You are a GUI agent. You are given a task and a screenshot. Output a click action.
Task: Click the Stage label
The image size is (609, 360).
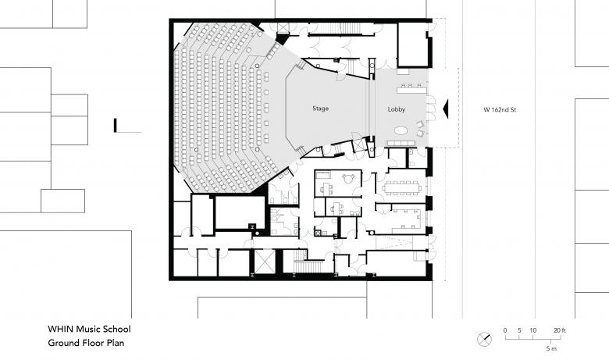(x=320, y=109)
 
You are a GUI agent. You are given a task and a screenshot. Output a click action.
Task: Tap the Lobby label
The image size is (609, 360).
(x=396, y=109)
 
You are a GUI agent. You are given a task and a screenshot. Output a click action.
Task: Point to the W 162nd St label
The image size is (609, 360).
(x=500, y=110)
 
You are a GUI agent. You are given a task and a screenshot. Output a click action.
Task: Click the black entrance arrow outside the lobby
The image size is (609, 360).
(x=446, y=109)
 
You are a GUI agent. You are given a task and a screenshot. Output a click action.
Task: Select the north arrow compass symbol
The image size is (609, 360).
(x=484, y=340)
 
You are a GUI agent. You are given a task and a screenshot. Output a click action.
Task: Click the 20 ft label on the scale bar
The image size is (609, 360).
(x=560, y=330)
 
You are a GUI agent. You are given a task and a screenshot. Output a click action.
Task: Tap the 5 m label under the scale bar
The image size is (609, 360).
(x=551, y=348)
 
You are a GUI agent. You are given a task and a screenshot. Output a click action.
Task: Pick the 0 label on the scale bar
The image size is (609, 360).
(x=505, y=330)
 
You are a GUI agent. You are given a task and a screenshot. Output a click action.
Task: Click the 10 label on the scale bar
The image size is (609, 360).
(x=532, y=330)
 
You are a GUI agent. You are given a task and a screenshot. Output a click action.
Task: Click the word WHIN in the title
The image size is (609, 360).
(x=60, y=329)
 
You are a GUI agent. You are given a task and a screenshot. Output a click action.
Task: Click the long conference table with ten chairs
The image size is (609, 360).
(x=402, y=187)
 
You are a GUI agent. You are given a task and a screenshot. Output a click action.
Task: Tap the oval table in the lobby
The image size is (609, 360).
(x=401, y=130)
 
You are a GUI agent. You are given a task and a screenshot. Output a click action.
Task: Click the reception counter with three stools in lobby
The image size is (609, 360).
(x=411, y=89)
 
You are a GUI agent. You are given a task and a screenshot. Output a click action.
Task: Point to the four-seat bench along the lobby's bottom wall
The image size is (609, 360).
(x=401, y=144)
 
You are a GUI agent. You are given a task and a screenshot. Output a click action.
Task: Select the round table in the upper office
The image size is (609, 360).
(x=348, y=178)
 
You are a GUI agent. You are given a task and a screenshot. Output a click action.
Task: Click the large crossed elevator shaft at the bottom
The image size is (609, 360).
(x=264, y=262)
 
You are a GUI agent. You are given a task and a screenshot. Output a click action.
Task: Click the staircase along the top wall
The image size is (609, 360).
(x=341, y=28)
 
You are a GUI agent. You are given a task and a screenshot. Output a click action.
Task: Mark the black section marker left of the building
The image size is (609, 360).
(x=115, y=126)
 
